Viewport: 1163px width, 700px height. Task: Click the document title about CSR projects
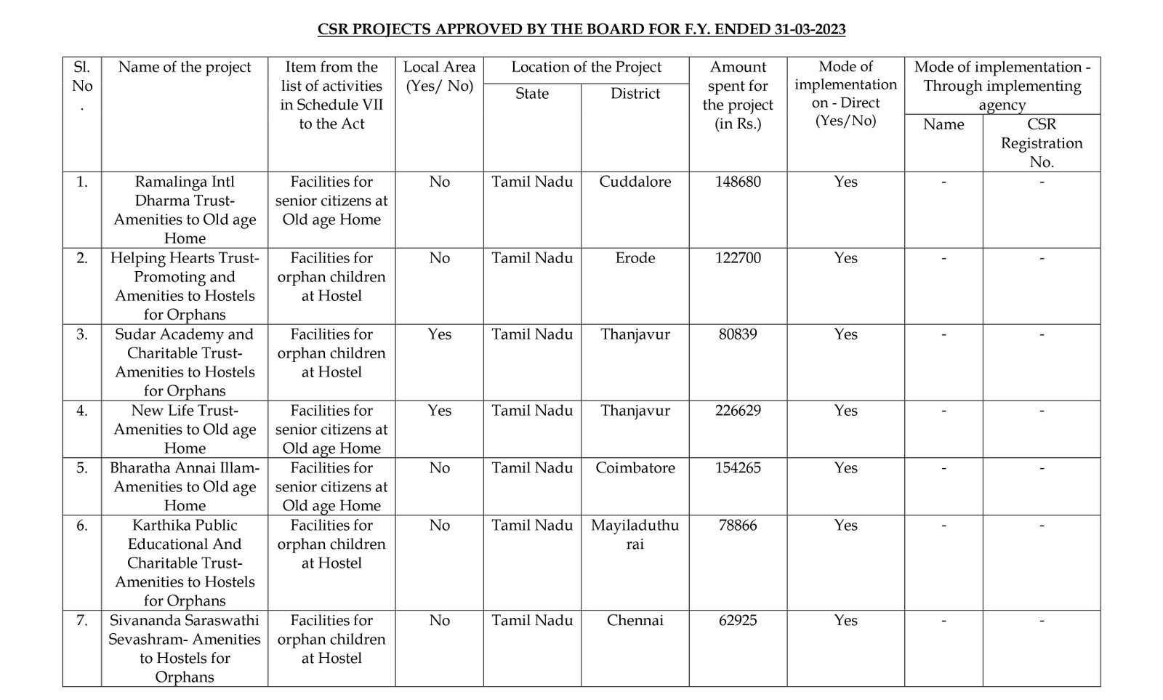(x=581, y=30)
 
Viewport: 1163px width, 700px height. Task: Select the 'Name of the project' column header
(x=185, y=68)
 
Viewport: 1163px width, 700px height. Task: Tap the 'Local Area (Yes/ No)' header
(x=440, y=76)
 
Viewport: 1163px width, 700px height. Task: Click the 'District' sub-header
(x=635, y=94)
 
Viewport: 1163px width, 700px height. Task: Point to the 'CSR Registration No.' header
(x=1042, y=143)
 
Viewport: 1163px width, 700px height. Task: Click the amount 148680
(x=738, y=182)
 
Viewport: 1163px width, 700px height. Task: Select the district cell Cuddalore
(x=635, y=182)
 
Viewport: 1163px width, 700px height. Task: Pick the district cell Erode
(x=635, y=258)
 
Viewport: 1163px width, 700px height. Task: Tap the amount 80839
(x=738, y=334)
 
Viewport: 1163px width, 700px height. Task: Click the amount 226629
(x=738, y=411)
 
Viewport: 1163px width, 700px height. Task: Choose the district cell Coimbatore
(x=635, y=468)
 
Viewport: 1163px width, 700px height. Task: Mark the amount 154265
(x=738, y=468)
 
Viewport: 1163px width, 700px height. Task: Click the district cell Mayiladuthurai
(x=635, y=534)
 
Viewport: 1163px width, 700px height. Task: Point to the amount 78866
(x=738, y=526)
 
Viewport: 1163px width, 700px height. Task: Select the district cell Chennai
(x=635, y=621)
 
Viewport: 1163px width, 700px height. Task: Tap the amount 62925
(x=738, y=621)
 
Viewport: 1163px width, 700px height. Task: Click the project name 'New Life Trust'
(x=185, y=411)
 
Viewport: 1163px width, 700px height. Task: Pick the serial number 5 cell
(x=82, y=468)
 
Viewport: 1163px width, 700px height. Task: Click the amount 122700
(x=738, y=258)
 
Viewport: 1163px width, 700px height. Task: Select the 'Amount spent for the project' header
(x=738, y=95)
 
